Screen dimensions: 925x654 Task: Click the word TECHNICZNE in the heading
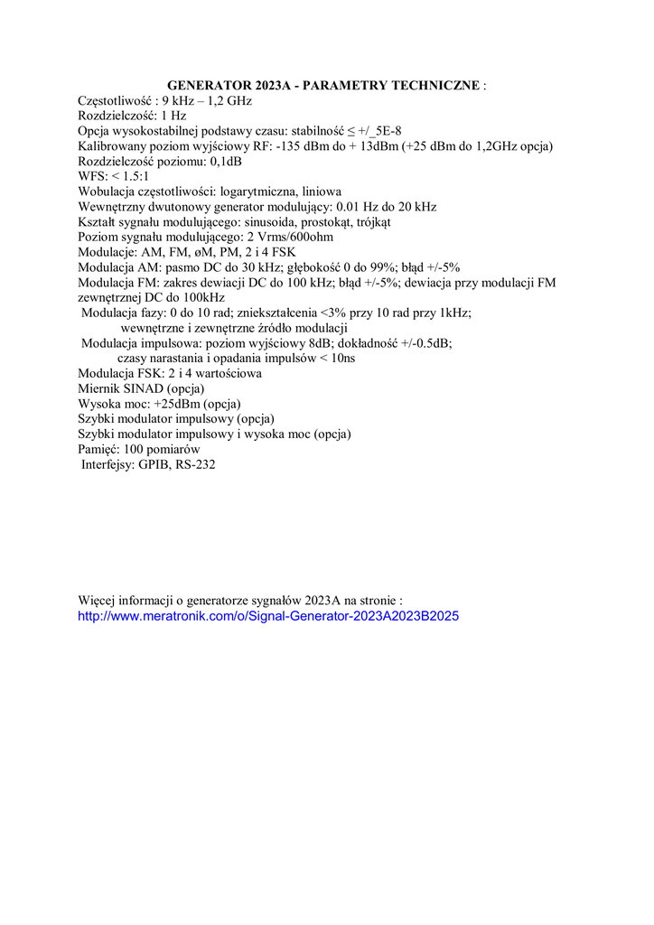pyautogui.click(x=436, y=86)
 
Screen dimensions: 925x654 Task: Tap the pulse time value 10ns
pyautogui.click(x=340, y=359)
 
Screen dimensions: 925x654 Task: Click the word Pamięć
pyautogui.click(x=98, y=449)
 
